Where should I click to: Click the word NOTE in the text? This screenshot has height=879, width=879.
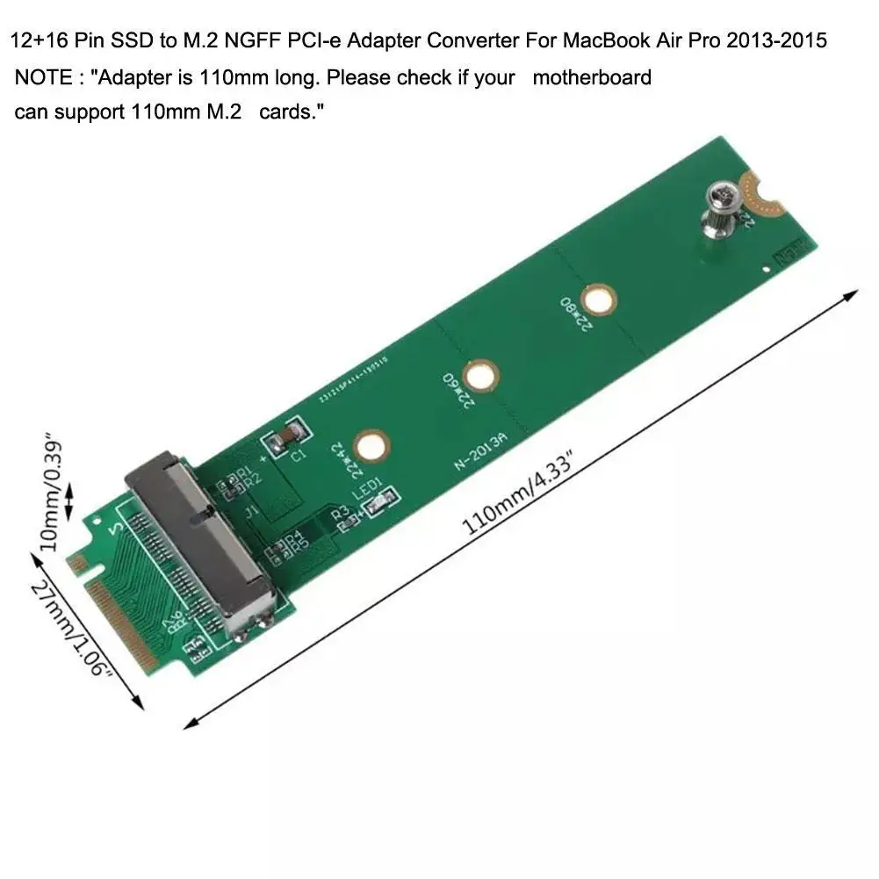43,77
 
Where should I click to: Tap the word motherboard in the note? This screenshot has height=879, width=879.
592,77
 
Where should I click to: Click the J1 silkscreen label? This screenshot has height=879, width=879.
252,511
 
